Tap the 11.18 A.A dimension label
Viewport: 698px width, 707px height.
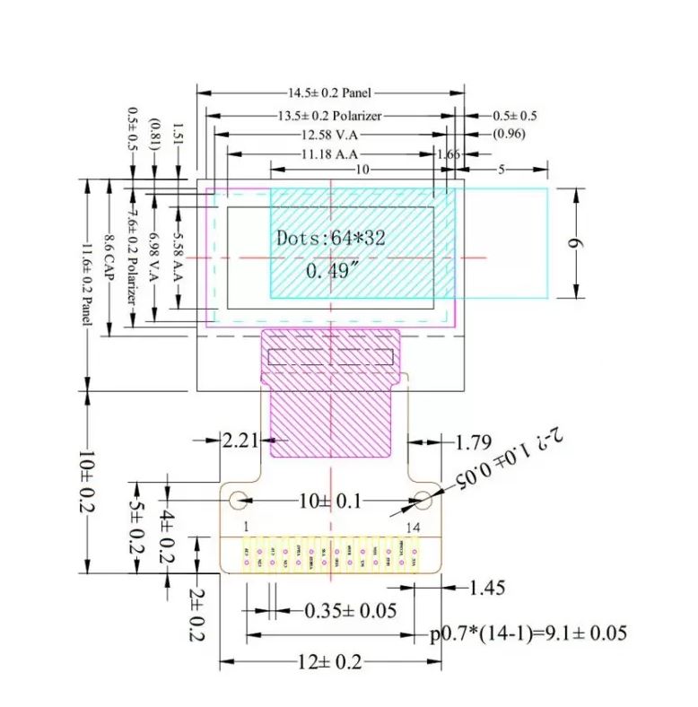pyautogui.click(x=329, y=153)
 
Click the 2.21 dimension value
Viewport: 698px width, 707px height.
pyautogui.click(x=241, y=440)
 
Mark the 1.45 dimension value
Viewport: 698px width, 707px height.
pyautogui.click(x=486, y=588)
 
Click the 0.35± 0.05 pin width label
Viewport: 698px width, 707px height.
pyautogui.click(x=350, y=611)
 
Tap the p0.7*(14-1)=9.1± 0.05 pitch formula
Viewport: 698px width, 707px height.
pyautogui.click(x=527, y=634)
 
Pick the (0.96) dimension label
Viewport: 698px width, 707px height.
pyautogui.click(x=509, y=135)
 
